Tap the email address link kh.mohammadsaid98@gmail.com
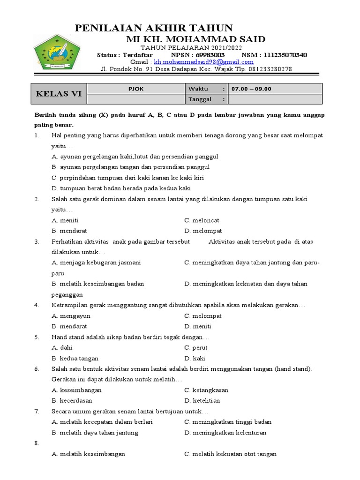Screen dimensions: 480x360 [x=204, y=62]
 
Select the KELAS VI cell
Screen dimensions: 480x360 [x=59, y=94]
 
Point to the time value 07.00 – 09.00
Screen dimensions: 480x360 [x=250, y=89]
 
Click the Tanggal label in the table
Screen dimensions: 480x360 [x=200, y=99]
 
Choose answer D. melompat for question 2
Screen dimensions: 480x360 [x=203, y=231]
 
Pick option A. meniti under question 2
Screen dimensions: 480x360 [x=65, y=220]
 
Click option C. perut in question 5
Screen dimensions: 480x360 [x=196, y=348]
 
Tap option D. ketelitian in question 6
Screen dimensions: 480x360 [x=202, y=400]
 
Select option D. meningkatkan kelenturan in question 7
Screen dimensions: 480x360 [x=225, y=432]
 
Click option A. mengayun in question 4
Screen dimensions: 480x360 [x=71, y=316]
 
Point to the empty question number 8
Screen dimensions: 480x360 [x=37, y=443]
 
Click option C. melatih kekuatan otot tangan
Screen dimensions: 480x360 [x=230, y=454]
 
